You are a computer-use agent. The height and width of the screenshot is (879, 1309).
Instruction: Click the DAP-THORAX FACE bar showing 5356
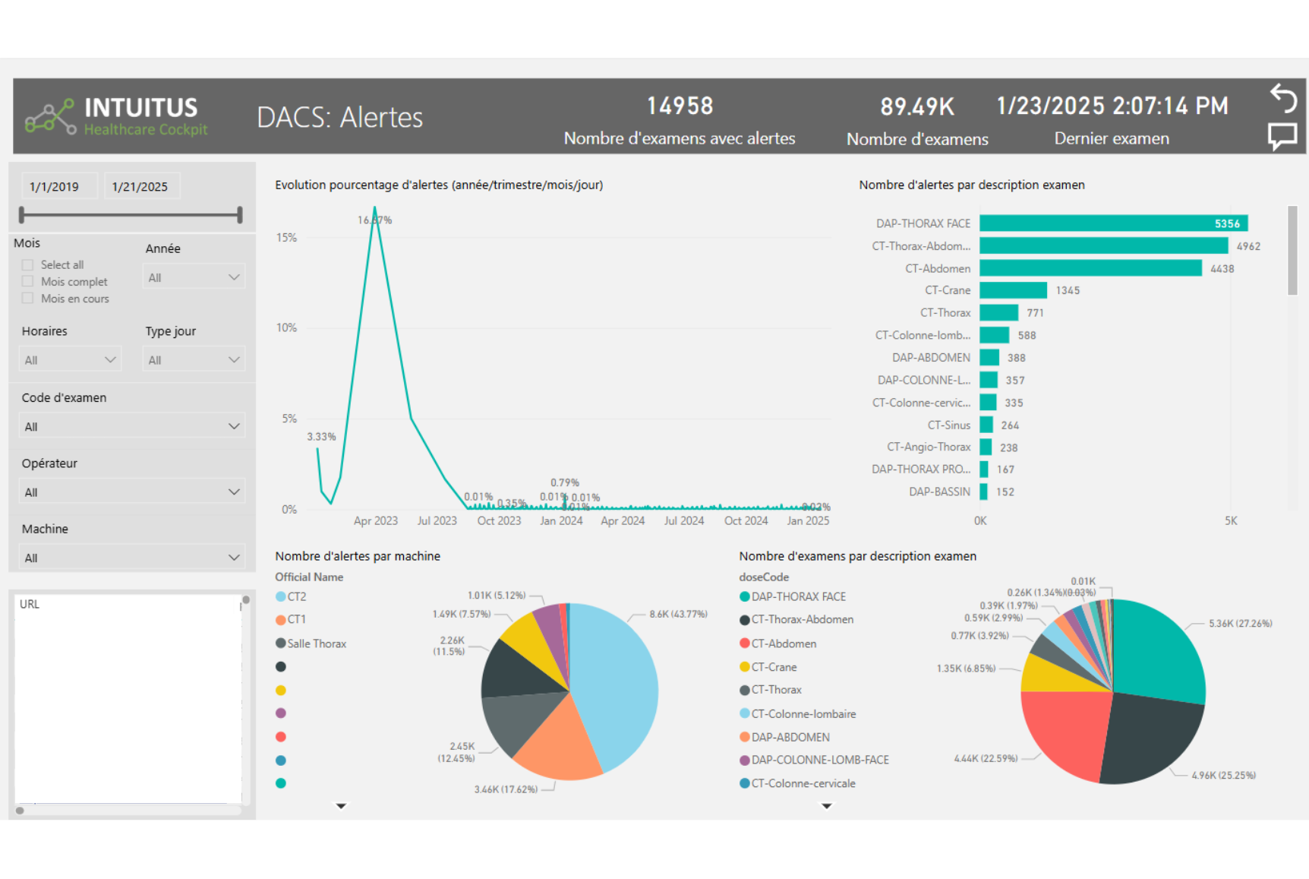(1112, 223)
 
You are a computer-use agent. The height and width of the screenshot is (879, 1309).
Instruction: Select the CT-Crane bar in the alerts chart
(1013, 290)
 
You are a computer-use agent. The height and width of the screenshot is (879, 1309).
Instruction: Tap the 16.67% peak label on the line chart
(374, 220)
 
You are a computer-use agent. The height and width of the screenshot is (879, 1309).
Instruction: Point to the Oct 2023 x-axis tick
(499, 521)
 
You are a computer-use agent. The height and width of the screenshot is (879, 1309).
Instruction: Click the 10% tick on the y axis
(286, 328)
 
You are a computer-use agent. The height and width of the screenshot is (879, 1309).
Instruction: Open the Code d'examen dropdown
(131, 426)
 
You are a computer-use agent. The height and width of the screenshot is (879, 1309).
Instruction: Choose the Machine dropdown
(131, 558)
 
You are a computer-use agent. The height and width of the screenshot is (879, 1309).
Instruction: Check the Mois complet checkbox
(28, 282)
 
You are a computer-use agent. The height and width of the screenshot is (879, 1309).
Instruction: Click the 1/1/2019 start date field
(55, 187)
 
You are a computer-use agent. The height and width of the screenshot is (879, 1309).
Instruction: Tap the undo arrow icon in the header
(1283, 98)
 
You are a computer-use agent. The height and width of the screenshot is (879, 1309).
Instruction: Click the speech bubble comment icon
(1282, 137)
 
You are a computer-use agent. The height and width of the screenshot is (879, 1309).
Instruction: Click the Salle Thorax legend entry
(316, 643)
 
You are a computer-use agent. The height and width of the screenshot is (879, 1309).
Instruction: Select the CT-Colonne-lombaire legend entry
(803, 714)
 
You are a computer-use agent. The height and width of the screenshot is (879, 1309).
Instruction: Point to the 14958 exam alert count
(680, 106)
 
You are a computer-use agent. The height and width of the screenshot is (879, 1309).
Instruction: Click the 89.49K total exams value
(916, 107)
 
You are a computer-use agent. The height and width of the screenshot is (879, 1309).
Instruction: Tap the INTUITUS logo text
(141, 108)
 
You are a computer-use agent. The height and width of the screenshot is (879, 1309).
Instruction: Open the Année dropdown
(194, 277)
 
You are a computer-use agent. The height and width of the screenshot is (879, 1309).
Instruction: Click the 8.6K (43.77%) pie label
(678, 615)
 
